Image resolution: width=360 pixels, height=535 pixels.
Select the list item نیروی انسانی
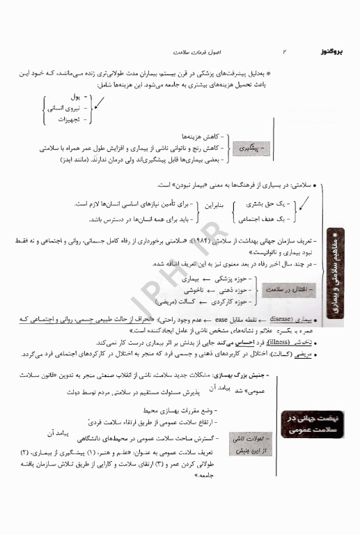(x=64, y=107)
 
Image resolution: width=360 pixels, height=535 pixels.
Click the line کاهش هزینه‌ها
(x=185, y=137)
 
